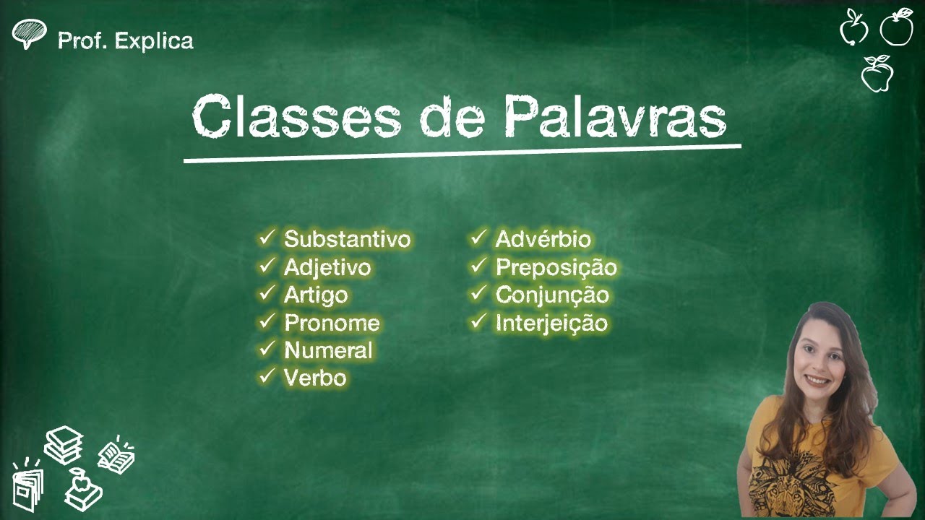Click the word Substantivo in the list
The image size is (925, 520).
tap(347, 239)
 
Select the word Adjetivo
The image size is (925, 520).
tap(327, 267)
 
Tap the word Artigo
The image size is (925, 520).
tap(316, 295)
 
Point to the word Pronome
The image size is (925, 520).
tap(332, 323)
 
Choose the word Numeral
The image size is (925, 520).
tap(328, 350)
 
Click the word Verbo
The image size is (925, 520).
tap(315, 378)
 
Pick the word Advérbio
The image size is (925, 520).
tap(543, 239)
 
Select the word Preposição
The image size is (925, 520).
tap(556, 267)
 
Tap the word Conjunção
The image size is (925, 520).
tap(552, 295)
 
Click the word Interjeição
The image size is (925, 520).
tap(551, 323)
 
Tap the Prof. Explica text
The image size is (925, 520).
tap(126, 40)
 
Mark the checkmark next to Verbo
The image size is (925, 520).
tap(267, 376)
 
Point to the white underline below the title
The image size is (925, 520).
tap(462, 153)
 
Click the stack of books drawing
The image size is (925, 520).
tap(64, 444)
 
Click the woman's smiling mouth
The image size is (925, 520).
tap(817, 379)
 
